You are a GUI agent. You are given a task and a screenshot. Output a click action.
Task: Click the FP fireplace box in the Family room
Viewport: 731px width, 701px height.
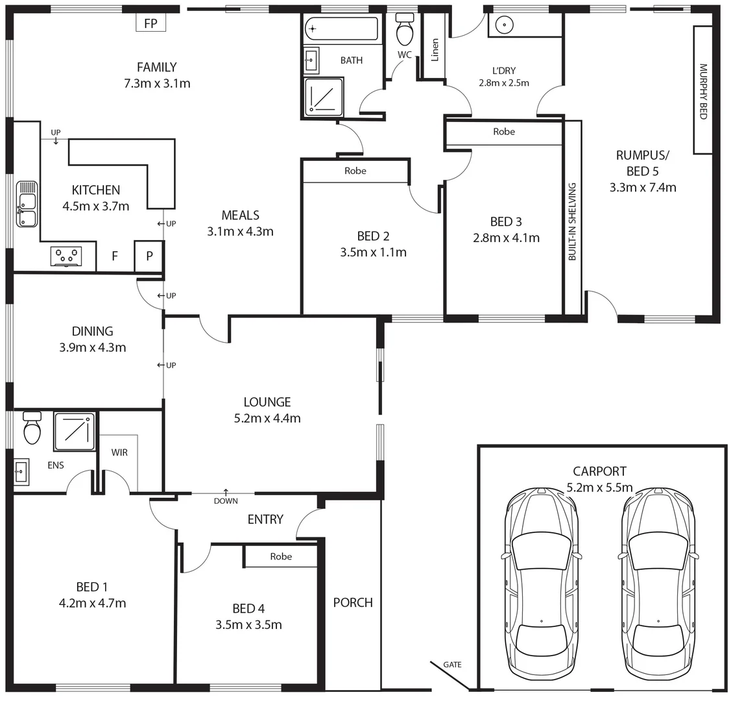tap(150, 23)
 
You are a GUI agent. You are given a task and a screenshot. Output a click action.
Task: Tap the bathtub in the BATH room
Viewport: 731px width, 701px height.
tap(341, 29)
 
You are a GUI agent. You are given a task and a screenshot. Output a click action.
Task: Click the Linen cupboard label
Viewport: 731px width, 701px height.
tap(435, 51)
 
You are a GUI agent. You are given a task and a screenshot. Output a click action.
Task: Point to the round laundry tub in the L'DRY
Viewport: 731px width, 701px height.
tap(505, 25)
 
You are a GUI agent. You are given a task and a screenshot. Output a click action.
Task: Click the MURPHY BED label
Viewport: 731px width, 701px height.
tap(702, 91)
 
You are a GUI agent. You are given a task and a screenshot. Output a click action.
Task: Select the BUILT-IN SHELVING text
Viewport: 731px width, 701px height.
tap(572, 222)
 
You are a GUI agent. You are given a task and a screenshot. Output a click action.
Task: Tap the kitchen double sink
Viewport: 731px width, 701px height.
tap(27, 204)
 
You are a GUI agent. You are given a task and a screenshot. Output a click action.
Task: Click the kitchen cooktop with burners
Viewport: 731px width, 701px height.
tap(66, 256)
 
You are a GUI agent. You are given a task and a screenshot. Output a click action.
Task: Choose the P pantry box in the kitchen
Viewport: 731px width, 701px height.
tap(149, 256)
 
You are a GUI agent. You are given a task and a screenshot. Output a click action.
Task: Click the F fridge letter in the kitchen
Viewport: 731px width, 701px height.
tap(115, 256)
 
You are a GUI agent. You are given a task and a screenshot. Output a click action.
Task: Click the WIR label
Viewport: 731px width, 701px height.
tap(119, 452)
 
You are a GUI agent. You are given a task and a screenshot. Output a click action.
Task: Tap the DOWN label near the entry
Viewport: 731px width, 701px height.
tap(226, 500)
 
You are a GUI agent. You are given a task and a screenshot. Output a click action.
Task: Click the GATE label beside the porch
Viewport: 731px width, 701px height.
tap(452, 665)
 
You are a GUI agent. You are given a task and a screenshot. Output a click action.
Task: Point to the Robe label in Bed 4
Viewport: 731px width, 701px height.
tap(281, 556)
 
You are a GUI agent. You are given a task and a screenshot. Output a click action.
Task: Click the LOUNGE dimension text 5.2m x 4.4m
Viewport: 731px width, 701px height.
tap(267, 419)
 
